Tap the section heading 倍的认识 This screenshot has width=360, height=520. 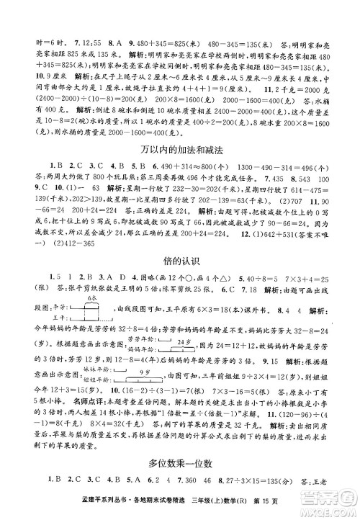[x=180, y=274]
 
